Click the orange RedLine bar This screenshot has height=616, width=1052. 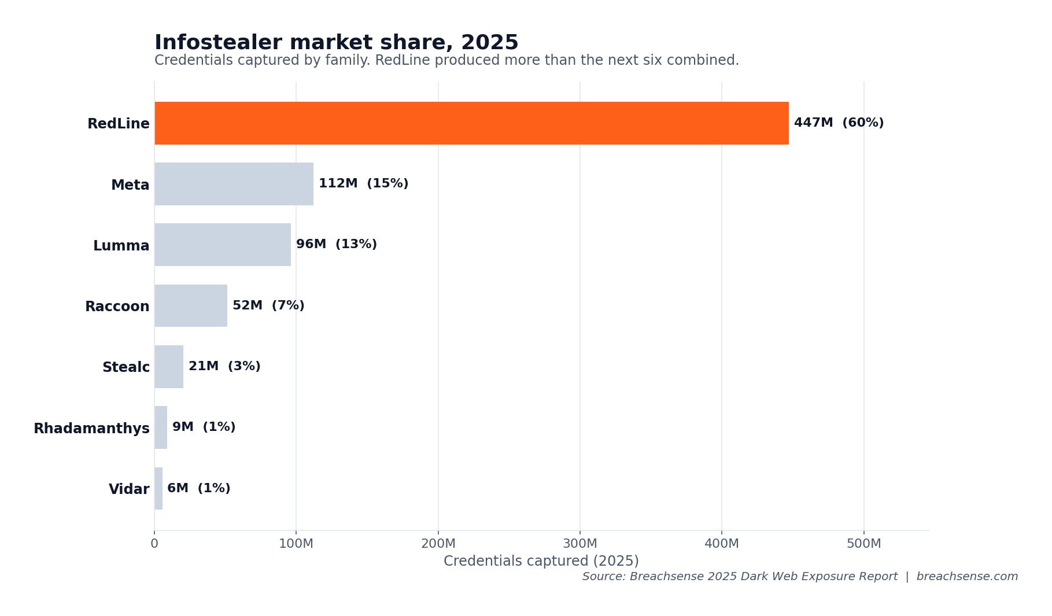[x=471, y=123]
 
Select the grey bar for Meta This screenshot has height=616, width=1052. [x=234, y=184]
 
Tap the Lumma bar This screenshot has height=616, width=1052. [x=223, y=245]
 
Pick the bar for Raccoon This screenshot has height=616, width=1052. [x=191, y=305]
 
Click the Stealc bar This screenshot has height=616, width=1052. [x=169, y=367]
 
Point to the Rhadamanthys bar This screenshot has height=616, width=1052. [x=161, y=427]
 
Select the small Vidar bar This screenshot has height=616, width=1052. [x=158, y=488]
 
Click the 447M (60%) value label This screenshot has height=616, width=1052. [x=839, y=123]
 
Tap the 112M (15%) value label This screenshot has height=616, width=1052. [x=363, y=184]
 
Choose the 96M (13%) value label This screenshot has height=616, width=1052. [x=336, y=245]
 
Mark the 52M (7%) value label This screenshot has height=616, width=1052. [x=268, y=305]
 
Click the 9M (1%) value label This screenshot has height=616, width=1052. [x=204, y=427]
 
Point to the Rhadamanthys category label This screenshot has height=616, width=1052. [x=91, y=429]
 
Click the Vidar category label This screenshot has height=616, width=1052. [x=129, y=489]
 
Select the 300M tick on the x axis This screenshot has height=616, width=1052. [x=579, y=544]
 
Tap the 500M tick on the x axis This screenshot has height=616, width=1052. [x=863, y=544]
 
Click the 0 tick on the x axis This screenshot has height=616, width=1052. [x=154, y=544]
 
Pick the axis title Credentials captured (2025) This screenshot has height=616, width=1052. [x=541, y=561]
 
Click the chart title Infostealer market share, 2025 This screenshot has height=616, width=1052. [x=336, y=43]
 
